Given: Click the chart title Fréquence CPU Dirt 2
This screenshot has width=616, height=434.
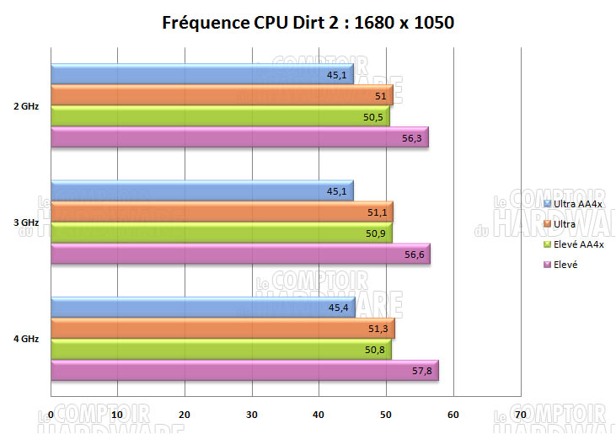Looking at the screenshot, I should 308,23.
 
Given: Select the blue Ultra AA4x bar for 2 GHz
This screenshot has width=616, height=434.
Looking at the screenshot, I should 202,74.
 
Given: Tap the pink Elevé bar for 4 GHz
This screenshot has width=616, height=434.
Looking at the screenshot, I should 244,371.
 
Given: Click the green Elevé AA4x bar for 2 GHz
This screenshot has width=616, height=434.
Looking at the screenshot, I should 220,116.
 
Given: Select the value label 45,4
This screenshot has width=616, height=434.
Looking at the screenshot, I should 338,308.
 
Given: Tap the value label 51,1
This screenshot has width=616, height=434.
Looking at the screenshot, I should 377,212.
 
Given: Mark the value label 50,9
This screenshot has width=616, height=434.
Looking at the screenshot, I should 376,233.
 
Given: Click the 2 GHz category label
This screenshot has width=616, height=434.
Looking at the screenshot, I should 25,106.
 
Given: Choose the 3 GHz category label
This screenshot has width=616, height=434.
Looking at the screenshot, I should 25,222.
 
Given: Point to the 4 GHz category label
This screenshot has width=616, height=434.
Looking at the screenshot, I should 25,339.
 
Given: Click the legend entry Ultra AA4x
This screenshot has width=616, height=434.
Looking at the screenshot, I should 579,203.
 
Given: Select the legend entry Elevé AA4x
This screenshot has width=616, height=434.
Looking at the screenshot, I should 579,244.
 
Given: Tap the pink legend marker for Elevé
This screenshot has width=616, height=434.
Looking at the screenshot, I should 548,265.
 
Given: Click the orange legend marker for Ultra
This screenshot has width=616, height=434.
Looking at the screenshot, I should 548,224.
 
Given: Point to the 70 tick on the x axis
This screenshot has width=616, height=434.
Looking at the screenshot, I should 520,415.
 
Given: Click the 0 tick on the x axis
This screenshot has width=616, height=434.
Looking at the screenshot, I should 51,415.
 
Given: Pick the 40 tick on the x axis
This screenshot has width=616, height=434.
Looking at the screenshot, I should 319,415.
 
